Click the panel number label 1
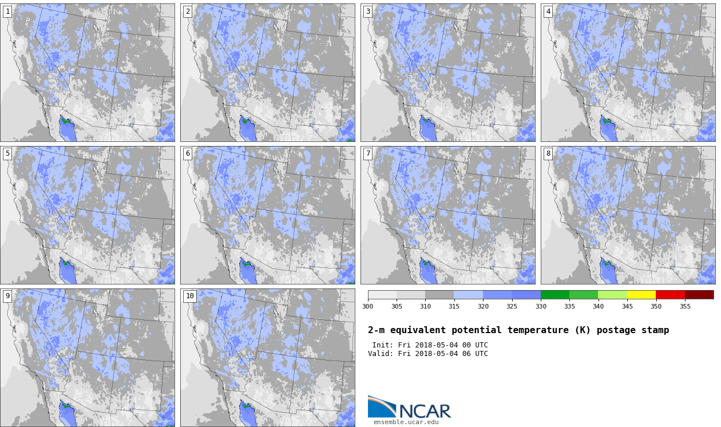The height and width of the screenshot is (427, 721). tap(7, 12)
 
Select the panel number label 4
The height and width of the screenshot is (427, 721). tap(548, 12)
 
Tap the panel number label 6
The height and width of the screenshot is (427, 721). tap(188, 154)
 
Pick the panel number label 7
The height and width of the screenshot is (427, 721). tap(368, 154)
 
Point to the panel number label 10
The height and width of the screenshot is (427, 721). tap(190, 296)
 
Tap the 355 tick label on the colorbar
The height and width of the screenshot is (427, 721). tap(685, 306)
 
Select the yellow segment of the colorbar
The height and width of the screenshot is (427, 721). tap(641, 295)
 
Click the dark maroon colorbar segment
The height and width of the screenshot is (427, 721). tap(699, 295)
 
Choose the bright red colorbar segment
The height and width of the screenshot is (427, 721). tap(670, 295)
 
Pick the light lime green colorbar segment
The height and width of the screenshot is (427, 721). tap(612, 295)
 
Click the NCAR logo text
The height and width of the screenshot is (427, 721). tap(425, 411)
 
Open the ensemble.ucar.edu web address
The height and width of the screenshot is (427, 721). tap(406, 422)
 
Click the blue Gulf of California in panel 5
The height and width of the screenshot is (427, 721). tap(67, 271)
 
